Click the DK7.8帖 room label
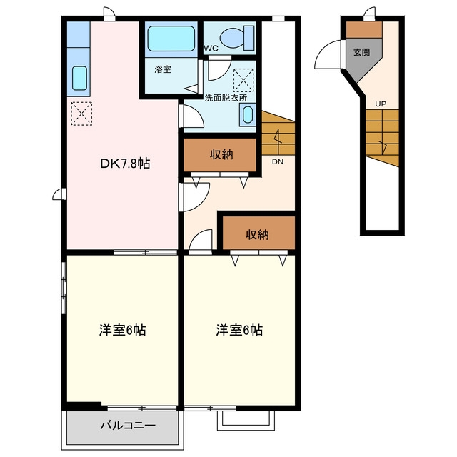click(x=125, y=164)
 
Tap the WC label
click(x=211, y=49)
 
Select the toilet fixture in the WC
click(x=237, y=38)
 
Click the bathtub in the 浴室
click(x=171, y=39)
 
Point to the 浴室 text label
click(x=163, y=69)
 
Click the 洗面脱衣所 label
click(x=226, y=98)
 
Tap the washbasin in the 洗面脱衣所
click(x=248, y=115)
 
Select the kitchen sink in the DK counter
click(x=79, y=79)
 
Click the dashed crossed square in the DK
click(x=81, y=114)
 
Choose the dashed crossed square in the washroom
click(x=243, y=81)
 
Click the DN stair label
click(x=278, y=162)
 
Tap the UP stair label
click(x=381, y=104)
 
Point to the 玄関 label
click(x=362, y=52)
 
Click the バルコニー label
click(x=128, y=426)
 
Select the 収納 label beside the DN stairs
click(x=221, y=154)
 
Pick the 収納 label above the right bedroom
click(x=257, y=235)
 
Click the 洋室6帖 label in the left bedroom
click(x=122, y=330)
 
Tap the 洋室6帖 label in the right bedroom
click(x=239, y=330)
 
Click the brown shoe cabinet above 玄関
click(x=364, y=29)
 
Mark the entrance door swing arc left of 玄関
click(x=323, y=49)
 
